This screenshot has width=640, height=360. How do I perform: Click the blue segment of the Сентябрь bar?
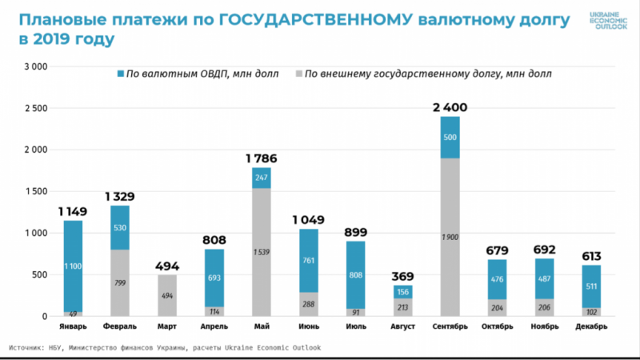click(x=450, y=138)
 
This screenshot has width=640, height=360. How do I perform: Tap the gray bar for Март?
click(x=168, y=295)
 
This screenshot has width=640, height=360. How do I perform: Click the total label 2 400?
click(x=450, y=107)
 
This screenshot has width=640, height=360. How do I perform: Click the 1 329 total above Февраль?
click(x=121, y=197)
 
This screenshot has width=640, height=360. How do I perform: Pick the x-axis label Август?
click(x=403, y=326)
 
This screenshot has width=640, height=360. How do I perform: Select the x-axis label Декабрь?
click(x=591, y=326)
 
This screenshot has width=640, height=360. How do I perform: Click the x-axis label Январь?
click(x=74, y=326)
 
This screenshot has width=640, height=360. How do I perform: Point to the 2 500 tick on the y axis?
click(x=37, y=108)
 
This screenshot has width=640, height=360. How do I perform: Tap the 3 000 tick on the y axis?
click(x=37, y=66)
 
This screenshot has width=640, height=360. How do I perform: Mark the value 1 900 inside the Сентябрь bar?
click(x=450, y=237)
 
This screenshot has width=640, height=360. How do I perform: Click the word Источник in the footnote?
click(x=30, y=348)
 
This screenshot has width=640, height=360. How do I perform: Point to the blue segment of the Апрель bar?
click(x=215, y=278)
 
